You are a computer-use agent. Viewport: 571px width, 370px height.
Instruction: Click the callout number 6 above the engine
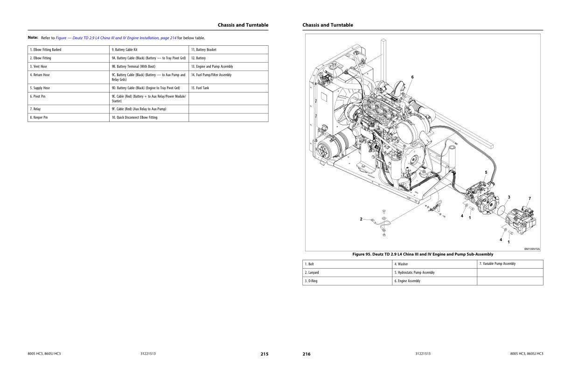click(x=412, y=77)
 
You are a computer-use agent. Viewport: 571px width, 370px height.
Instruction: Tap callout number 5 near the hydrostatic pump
click(x=486, y=172)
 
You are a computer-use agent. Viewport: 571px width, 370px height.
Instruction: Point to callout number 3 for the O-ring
click(x=509, y=197)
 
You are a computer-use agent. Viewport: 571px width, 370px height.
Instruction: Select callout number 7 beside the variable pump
click(x=529, y=199)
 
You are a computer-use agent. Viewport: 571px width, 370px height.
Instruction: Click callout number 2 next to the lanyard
click(x=361, y=219)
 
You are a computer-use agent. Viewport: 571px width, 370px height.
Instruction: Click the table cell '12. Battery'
click(x=229, y=58)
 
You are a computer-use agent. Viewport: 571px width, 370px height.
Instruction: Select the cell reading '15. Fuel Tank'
click(x=229, y=88)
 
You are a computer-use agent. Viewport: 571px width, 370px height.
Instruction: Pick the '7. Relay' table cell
click(x=68, y=109)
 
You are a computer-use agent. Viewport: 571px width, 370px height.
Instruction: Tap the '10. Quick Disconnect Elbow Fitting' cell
click(x=149, y=117)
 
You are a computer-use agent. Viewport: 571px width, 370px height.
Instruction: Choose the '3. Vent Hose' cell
click(x=68, y=66)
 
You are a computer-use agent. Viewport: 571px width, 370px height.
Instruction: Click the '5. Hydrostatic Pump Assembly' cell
click(x=434, y=272)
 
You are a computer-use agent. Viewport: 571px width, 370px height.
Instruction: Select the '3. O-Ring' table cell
click(x=347, y=281)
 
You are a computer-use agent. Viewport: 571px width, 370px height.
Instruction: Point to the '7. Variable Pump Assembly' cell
click(x=510, y=264)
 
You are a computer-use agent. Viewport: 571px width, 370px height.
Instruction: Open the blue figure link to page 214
click(x=116, y=38)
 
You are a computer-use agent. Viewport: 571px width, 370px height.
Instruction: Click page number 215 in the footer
click(x=265, y=354)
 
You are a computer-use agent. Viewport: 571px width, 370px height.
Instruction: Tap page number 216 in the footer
click(x=306, y=354)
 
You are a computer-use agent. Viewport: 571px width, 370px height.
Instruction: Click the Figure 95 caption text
click(x=423, y=254)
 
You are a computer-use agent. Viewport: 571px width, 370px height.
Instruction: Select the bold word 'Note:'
click(x=33, y=37)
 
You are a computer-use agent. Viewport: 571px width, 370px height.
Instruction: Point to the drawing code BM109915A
click(x=532, y=249)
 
